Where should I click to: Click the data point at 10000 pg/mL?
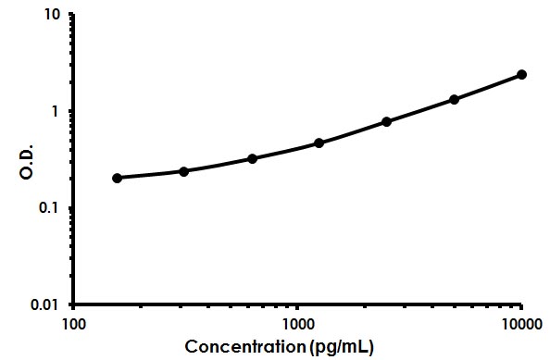521,74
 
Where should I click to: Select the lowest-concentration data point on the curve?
117,178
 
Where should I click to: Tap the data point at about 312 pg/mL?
183,171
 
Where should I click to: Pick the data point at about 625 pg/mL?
252,158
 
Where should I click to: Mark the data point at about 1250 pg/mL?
319,143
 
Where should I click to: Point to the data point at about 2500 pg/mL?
386,121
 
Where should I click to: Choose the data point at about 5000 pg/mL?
454,99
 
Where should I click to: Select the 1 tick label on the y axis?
56,111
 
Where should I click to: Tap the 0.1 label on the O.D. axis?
50,207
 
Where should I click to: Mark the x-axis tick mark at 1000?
297,306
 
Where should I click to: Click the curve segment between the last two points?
488,87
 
